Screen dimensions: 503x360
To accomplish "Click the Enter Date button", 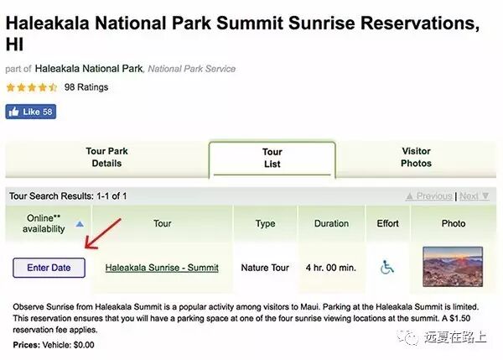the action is (49, 268).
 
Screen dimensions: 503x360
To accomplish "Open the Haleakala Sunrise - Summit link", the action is (162, 268).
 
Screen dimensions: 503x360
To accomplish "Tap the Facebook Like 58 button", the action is (31, 112).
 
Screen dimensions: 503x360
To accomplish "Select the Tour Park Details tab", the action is (106, 157).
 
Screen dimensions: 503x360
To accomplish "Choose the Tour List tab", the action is (272, 158).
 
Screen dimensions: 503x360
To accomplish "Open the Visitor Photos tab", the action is (416, 157).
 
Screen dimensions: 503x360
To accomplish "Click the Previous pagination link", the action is (429, 196).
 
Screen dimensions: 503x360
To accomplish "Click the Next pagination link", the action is (474, 196).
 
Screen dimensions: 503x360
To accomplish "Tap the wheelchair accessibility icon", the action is (386, 267).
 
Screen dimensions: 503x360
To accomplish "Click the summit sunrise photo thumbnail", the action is (453, 267).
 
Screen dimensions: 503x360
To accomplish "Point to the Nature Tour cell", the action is (265, 268).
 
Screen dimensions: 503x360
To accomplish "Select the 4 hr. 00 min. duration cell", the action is (331, 268).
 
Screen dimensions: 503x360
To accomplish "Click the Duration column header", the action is (331, 223).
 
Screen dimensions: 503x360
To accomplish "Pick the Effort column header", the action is (387, 223).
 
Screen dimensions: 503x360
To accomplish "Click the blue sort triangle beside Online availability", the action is (80, 224).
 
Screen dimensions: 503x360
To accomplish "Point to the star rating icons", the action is (32, 87).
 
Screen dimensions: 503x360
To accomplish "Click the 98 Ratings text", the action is (86, 87).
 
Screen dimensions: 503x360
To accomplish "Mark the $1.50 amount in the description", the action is (459, 318).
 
